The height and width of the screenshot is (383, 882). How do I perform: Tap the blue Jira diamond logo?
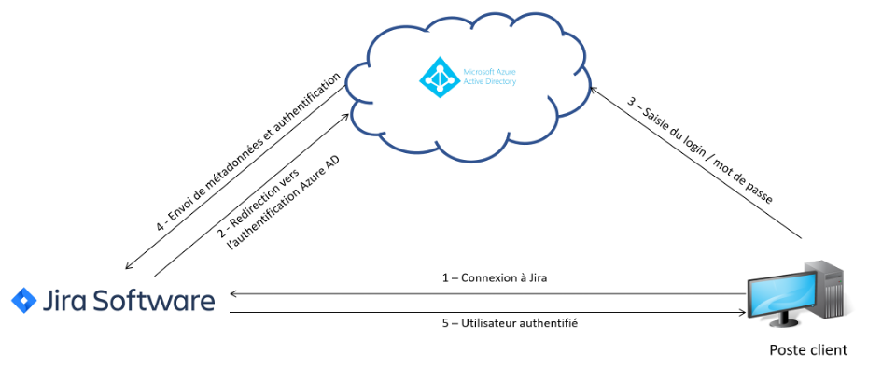coord(22,300)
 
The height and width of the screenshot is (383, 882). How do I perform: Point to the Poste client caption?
coord(808,350)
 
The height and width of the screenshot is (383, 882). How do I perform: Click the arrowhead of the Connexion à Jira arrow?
coord(233,293)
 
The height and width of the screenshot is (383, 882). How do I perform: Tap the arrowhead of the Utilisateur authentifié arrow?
coord(744,312)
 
